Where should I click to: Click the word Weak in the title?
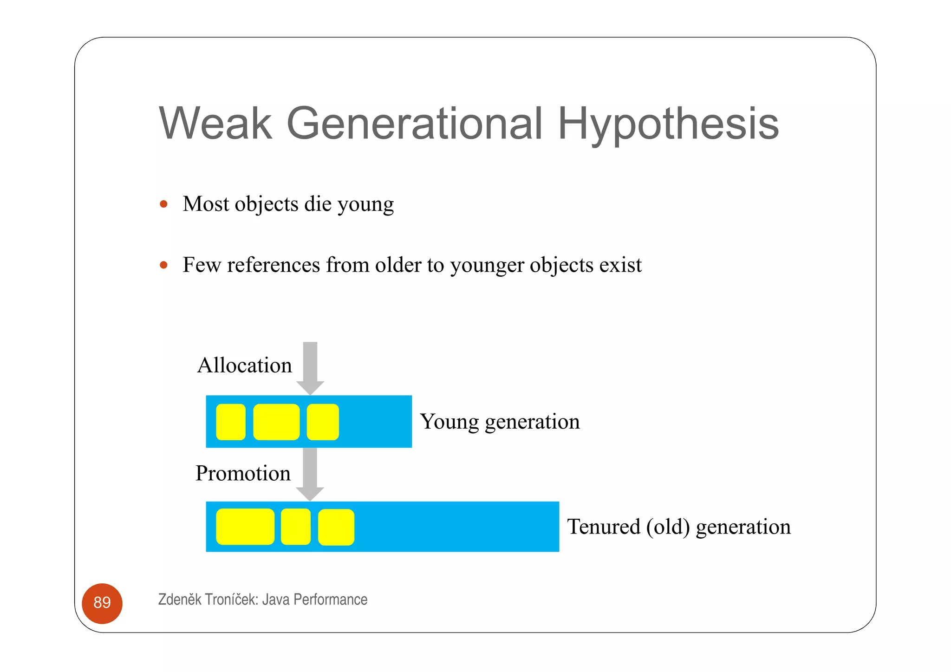coord(215,123)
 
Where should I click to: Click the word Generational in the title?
coord(414,123)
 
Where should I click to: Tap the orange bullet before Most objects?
coord(163,204)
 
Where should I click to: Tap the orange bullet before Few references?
coord(163,265)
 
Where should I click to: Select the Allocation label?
coord(244,365)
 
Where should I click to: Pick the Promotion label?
coord(243,473)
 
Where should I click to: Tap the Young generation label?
coord(500,422)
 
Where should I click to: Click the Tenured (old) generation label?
coord(678,527)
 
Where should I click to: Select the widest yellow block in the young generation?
coord(276,422)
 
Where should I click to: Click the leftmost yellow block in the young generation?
coord(231,422)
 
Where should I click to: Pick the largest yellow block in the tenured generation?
coord(245,527)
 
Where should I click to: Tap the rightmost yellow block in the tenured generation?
coord(336,527)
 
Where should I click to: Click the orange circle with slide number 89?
coord(102,603)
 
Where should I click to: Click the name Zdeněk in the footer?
coord(180,600)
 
